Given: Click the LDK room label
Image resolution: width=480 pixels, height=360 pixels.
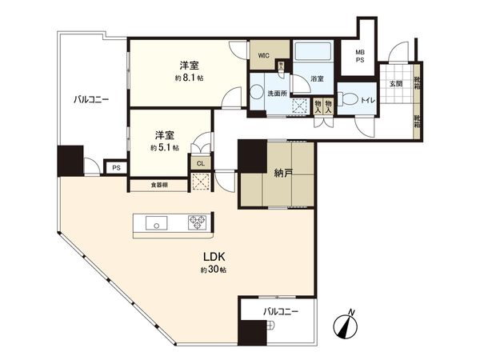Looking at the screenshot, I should coord(213,258).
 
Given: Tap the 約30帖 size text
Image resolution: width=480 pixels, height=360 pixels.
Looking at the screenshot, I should coord(213,270).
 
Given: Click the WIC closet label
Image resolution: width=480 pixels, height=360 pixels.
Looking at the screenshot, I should coord(262,56).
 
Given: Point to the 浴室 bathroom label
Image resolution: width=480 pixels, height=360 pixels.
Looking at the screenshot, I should coord(318,78).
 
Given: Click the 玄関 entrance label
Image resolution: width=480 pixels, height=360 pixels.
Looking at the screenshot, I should coord(396,83).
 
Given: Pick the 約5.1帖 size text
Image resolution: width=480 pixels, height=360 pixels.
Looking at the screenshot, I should coord(164,148).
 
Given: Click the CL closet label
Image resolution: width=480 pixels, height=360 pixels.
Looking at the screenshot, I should coord(200,163).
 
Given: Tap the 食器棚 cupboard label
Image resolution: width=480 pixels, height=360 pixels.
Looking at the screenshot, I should coord(160,185).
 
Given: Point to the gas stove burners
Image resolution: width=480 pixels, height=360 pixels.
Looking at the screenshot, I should coord(197,222).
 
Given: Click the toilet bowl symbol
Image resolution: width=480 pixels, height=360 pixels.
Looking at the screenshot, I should coord(350,99).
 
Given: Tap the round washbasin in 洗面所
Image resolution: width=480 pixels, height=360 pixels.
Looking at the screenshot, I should coord(256,93).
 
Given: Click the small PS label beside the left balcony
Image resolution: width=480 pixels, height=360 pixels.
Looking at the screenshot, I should coord(116,168).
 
